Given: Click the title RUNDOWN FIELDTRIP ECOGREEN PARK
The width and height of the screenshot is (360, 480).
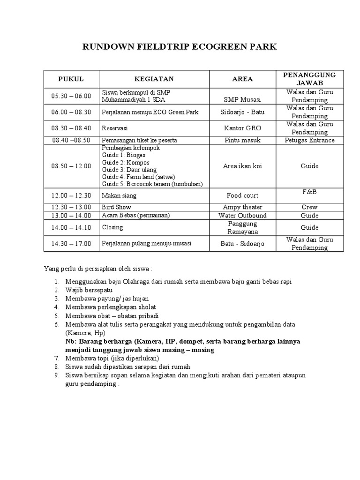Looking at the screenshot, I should (180, 47).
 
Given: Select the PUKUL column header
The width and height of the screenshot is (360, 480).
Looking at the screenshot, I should (71, 79).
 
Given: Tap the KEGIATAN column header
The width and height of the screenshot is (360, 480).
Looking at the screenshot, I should (154, 79).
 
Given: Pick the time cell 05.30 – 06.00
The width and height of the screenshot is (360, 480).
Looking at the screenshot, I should (71, 96).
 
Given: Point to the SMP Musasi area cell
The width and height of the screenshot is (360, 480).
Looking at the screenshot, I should (242, 99).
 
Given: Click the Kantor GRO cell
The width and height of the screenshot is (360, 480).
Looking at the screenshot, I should (242, 128).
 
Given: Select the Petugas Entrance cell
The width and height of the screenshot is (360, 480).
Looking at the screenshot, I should (309, 140).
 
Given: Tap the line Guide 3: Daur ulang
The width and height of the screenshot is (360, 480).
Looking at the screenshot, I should (129, 170).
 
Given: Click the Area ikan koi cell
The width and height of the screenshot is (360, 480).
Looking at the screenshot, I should (242, 166).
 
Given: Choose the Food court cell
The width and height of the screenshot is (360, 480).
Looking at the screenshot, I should (242, 195).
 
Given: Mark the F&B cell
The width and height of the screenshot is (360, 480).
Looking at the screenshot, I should (309, 192).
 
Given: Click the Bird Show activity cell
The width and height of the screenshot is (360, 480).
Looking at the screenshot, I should (117, 207).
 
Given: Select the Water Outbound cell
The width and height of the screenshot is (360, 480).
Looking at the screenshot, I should (242, 216).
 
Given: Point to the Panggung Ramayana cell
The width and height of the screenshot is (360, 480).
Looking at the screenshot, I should (242, 227).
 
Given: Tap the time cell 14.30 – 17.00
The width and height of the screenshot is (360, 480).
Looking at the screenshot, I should (71, 244).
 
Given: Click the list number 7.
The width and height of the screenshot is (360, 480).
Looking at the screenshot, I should (56, 358).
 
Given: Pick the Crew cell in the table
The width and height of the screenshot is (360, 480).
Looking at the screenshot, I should (309, 207).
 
